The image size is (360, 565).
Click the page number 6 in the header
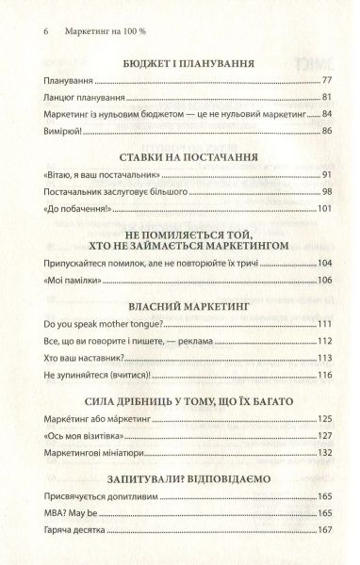[20, 29]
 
